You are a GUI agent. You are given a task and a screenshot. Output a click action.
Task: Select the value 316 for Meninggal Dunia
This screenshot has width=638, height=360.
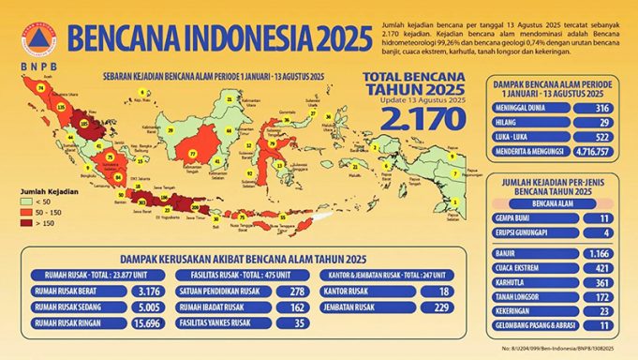point(601,108)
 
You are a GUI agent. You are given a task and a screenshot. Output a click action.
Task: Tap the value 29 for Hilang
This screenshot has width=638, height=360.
point(601,123)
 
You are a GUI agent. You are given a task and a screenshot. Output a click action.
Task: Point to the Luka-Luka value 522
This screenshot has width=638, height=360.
point(601,137)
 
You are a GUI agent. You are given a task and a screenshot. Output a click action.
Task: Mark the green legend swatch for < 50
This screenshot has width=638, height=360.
point(27,201)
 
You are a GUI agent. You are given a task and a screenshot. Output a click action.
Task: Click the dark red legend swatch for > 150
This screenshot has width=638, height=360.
point(27,223)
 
